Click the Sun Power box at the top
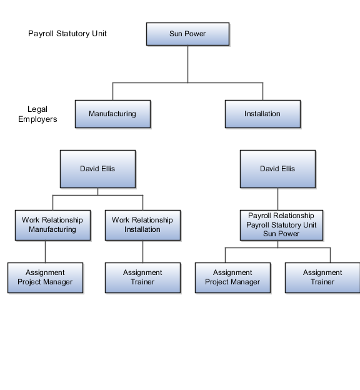click(x=187, y=34)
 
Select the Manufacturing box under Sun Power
click(x=112, y=114)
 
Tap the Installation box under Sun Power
click(x=262, y=114)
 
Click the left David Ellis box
click(x=98, y=169)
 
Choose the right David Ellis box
click(x=277, y=169)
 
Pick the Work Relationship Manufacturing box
click(x=52, y=225)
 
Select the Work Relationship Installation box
click(x=142, y=225)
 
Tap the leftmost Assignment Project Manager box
click(x=45, y=277)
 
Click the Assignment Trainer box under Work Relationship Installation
click(x=142, y=277)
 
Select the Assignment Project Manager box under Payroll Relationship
click(x=232, y=277)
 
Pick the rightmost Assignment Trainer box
click(x=322, y=277)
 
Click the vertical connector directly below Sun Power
click(x=187, y=62)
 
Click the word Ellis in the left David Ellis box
click(x=107, y=169)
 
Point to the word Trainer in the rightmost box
click(x=322, y=282)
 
